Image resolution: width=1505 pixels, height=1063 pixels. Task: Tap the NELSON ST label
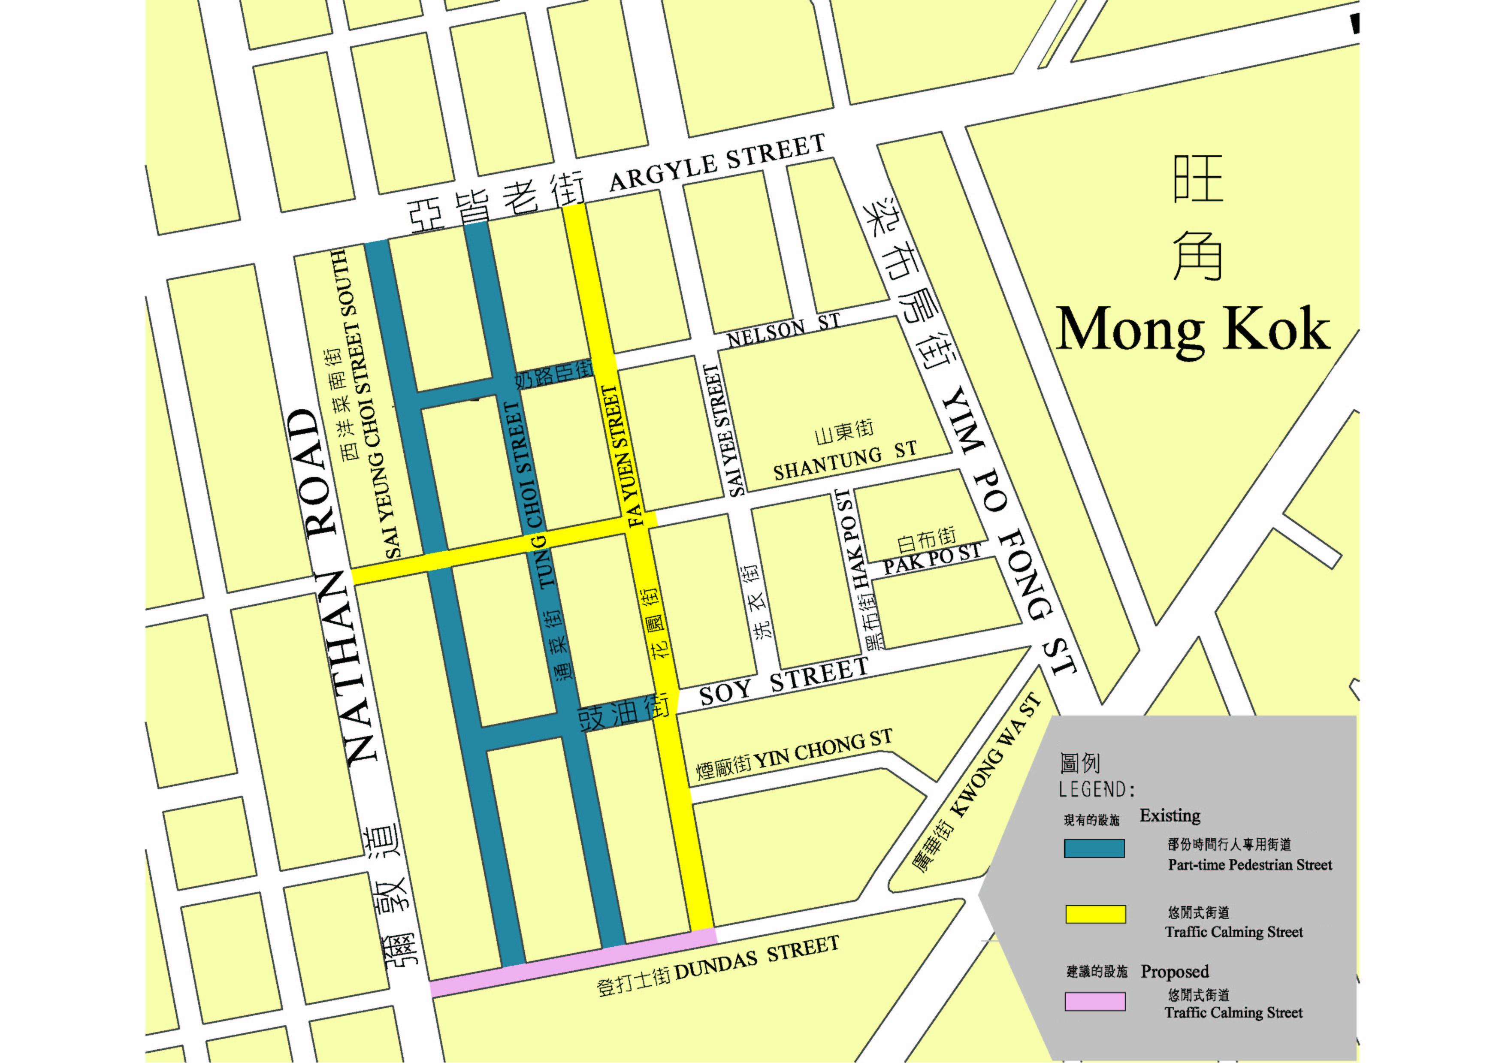pos(783,332)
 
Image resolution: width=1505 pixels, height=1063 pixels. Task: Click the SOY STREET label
pos(784,682)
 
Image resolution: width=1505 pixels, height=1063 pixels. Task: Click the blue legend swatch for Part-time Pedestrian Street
pos(1094,848)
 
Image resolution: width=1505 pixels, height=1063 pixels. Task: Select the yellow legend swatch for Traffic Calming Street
pos(1095,914)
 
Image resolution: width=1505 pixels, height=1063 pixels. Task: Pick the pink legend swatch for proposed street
pos(1095,1001)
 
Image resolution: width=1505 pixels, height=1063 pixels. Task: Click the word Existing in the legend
pos(1170,815)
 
